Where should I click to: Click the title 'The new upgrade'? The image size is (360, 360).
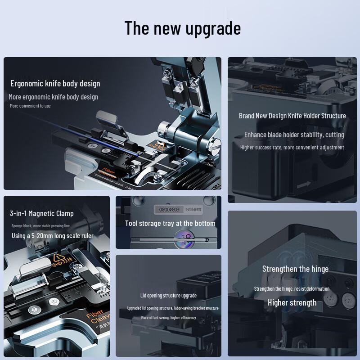click(182, 28)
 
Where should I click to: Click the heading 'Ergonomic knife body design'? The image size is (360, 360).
click(55, 83)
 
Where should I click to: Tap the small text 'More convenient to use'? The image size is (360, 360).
click(30, 106)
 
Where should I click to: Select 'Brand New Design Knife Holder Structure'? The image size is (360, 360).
click(292, 116)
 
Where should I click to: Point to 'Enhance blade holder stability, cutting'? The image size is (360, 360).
click(294, 135)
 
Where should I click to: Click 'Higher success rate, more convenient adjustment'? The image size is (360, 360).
click(292, 147)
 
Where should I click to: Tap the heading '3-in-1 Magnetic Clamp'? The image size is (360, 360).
click(42, 213)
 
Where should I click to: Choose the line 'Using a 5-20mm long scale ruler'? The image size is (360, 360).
click(53, 235)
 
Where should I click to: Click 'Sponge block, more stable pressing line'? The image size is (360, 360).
click(40, 225)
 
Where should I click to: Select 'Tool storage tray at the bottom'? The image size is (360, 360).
click(170, 223)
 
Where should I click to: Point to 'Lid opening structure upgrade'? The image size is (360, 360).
click(168, 296)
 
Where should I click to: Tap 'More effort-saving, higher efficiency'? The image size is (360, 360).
click(168, 317)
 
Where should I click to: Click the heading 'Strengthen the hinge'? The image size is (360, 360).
click(295, 269)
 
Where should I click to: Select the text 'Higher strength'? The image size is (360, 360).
click(292, 302)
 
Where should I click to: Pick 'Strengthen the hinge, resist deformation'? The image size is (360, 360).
click(292, 288)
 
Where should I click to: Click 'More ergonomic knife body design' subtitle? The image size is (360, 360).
click(53, 97)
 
